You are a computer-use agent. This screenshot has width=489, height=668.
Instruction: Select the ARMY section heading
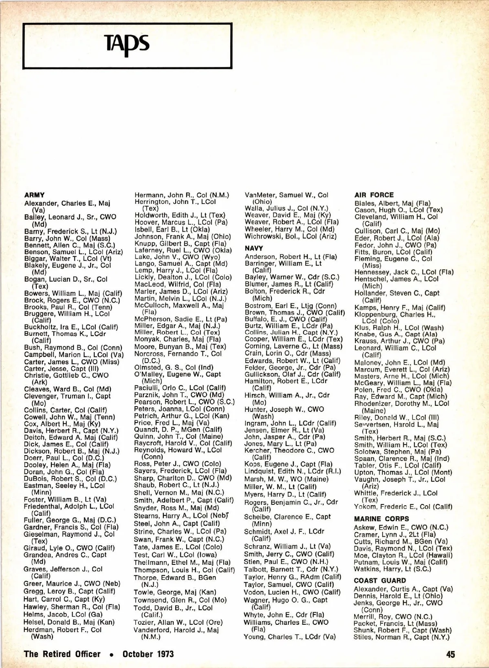[x=35, y=195]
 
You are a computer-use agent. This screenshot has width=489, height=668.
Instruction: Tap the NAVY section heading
[x=254, y=248]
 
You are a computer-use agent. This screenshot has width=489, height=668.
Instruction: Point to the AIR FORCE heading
[x=374, y=195]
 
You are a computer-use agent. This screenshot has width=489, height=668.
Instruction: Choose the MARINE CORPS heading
[x=381, y=519]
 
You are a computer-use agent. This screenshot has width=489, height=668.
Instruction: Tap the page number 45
[x=450, y=654]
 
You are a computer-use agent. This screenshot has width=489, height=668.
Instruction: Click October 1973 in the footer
[x=148, y=654]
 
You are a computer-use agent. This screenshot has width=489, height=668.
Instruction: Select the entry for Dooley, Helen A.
[x=64, y=465]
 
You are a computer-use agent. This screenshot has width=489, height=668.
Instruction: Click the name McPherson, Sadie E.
[x=181, y=319]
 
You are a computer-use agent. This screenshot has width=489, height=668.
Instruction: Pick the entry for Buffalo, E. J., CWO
[x=286, y=319]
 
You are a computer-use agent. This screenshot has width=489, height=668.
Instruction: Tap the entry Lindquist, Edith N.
[x=293, y=471]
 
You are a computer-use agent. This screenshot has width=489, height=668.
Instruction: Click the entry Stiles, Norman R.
[x=401, y=637]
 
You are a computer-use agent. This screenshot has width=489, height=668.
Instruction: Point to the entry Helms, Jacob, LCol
[x=63, y=615]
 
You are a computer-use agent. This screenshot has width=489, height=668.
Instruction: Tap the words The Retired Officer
[x=62, y=654]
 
